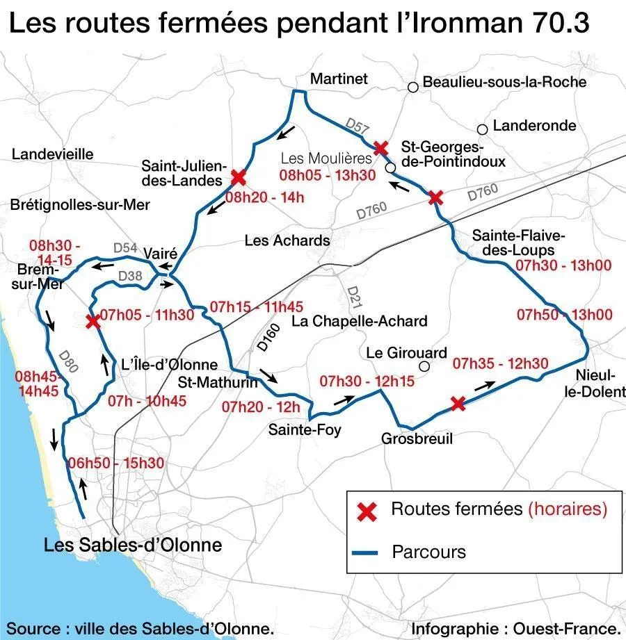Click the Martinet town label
[339, 79]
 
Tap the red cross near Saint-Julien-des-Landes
[239, 177]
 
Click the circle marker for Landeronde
[482, 129]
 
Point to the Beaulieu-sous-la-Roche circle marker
[413, 87]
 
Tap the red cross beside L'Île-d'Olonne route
[92, 321]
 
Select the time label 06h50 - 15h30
[117, 463]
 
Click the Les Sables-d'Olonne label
[133, 545]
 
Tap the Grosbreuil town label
[417, 439]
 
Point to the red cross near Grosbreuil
[457, 404]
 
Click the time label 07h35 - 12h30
[500, 363]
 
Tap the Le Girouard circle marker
[424, 367]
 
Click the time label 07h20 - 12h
[261, 407]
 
